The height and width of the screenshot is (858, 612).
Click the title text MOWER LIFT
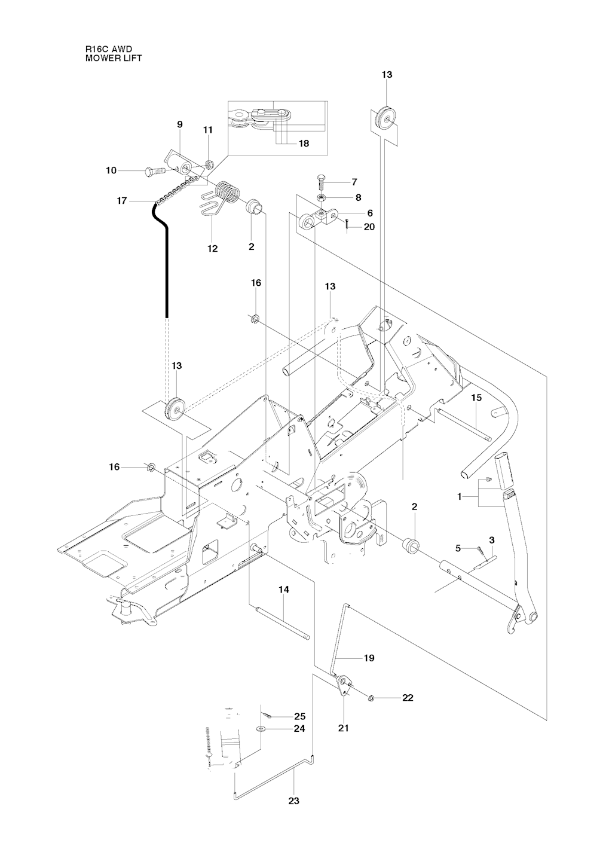click(x=114, y=59)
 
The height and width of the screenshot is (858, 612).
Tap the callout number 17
click(x=122, y=201)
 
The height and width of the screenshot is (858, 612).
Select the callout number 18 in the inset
click(x=304, y=143)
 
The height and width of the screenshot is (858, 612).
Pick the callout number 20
click(x=369, y=227)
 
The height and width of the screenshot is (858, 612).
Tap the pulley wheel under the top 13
click(x=385, y=120)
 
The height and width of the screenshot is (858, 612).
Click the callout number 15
click(x=476, y=397)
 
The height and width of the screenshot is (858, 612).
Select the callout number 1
click(x=460, y=496)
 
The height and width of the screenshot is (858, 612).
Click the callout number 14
click(x=284, y=590)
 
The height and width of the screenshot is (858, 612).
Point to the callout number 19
click(x=369, y=658)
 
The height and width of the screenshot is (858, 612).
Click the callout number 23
click(x=294, y=801)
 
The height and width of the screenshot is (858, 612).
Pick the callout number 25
click(x=299, y=716)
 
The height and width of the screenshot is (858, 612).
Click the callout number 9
click(x=179, y=124)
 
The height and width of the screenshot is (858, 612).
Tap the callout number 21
click(x=344, y=728)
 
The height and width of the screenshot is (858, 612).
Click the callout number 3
click(x=491, y=540)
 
